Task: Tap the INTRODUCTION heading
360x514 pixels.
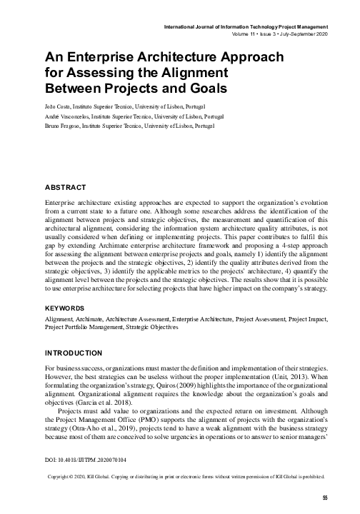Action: (x=79, y=353)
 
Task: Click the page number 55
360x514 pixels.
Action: (x=325, y=498)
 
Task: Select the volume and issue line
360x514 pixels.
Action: (x=280, y=34)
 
